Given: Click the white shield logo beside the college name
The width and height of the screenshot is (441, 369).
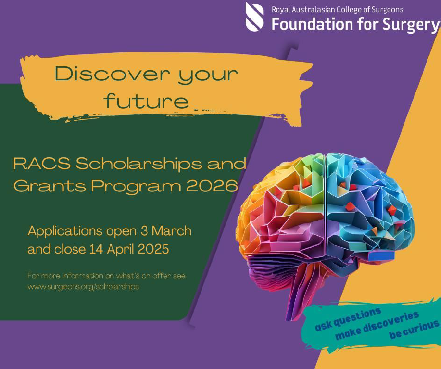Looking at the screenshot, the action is [255, 17].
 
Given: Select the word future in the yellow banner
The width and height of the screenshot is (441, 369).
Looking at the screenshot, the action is [146, 100].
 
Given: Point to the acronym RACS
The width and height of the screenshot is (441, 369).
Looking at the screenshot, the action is [42, 164].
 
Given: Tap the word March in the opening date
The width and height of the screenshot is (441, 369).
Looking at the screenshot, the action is [171, 231].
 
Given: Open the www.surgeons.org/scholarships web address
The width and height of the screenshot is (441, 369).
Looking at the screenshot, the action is [83, 287].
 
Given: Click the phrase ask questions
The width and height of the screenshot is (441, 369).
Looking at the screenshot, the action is [348, 319].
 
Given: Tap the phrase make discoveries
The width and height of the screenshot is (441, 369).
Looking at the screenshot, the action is [377, 325].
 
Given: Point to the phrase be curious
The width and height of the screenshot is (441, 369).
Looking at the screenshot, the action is [414, 330].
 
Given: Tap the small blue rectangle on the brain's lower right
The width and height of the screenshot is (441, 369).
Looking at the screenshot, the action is [381, 256].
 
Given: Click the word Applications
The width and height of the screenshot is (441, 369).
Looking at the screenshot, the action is [65, 231].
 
